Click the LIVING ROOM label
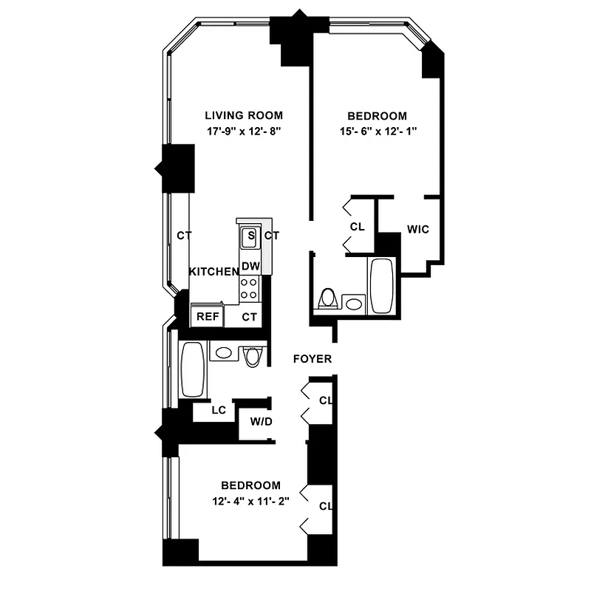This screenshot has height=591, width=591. pos(244,115)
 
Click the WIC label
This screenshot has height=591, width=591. pos(418,229)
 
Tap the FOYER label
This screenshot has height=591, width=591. pos(312,359)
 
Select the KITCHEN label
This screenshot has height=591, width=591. pos(213,272)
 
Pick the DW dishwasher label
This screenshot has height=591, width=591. pos(250,266)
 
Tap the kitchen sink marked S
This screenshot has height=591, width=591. pos(250,236)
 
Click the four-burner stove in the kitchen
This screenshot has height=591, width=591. pos(250,288)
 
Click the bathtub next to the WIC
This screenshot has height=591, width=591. pos(382,286)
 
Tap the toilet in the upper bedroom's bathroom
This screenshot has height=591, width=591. pos(327,299)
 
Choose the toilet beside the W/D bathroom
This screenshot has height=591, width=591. pos(253,356)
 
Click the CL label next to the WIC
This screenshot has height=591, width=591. pos(358,227)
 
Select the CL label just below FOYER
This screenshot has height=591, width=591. pos(325,401)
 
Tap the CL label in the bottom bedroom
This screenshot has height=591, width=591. pos(325,506)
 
